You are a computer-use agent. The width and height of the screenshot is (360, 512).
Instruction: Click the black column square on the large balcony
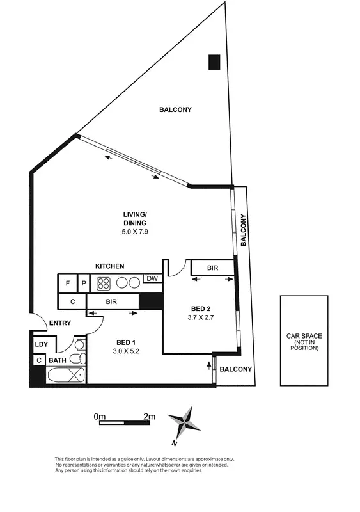click(x=213, y=61)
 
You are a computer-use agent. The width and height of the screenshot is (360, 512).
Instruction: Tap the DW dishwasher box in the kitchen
click(x=152, y=278)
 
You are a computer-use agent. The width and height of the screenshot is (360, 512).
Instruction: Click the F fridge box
click(x=67, y=282)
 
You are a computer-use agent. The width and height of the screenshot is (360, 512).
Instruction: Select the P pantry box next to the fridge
click(x=84, y=282)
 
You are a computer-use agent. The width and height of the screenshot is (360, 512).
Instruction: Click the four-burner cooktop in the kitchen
click(x=105, y=282)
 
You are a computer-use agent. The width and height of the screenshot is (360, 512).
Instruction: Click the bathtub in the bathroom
click(x=67, y=374)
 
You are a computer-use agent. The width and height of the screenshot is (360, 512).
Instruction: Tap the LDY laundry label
click(x=41, y=344)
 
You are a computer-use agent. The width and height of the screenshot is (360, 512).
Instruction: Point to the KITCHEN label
click(x=109, y=266)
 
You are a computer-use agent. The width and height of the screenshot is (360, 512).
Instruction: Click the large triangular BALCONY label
click(x=175, y=109)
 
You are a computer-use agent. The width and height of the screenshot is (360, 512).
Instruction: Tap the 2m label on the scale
click(x=149, y=416)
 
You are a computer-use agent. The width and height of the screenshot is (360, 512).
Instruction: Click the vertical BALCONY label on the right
click(x=244, y=230)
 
